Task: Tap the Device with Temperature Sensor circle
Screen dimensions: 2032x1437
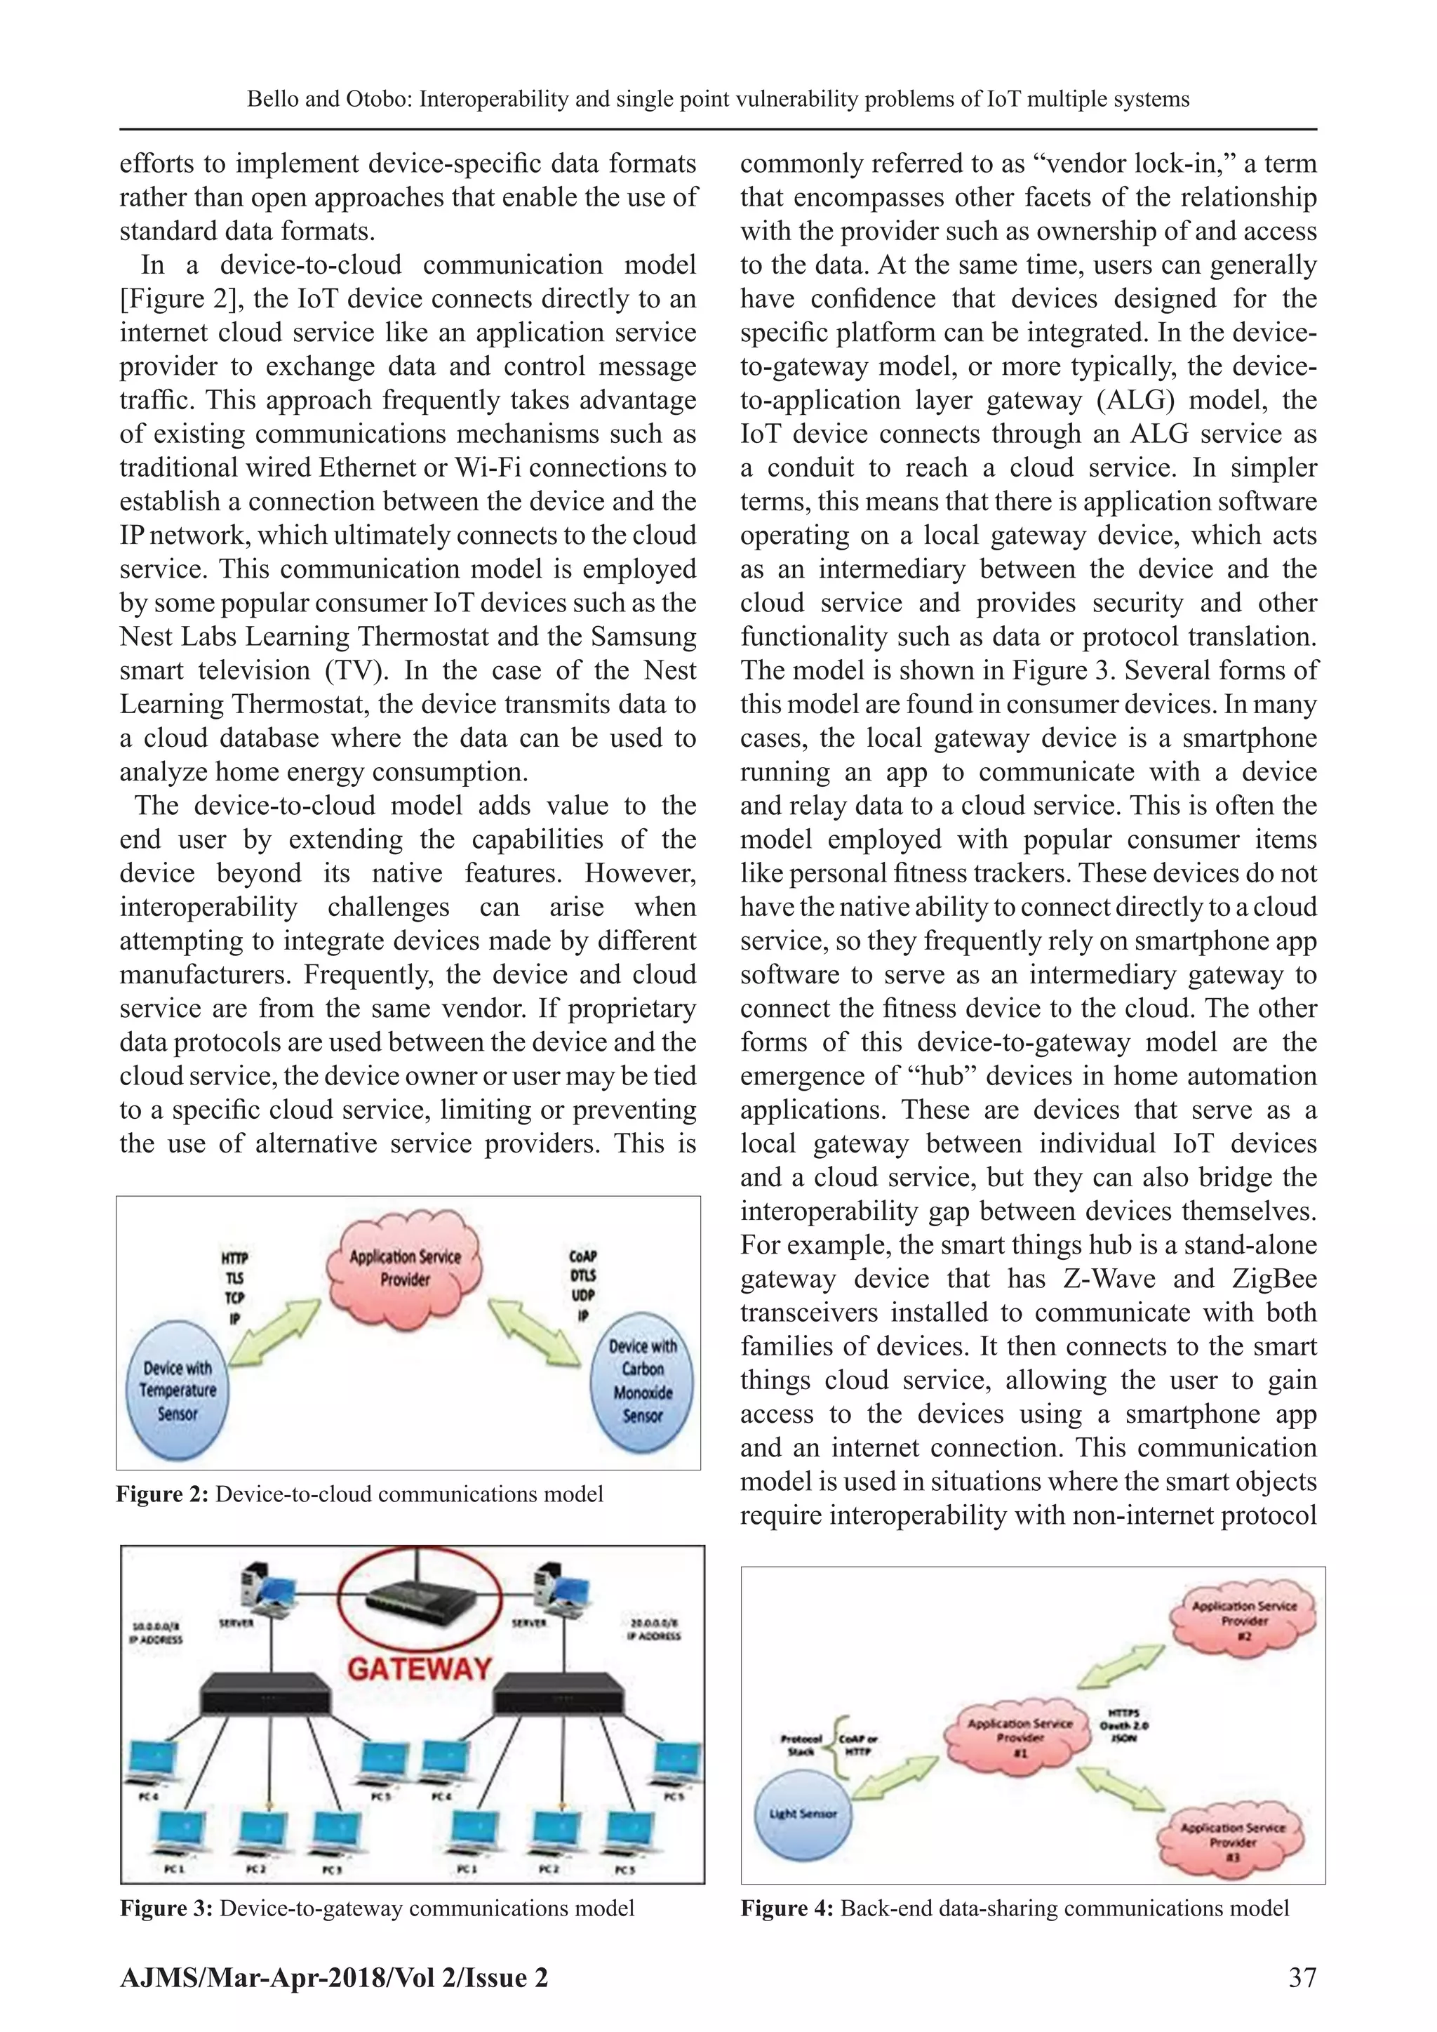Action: pyautogui.click(x=177, y=1390)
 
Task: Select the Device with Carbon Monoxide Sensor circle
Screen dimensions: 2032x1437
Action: pyautogui.click(x=643, y=1381)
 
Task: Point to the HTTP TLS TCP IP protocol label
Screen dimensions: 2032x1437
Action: pyautogui.click(x=234, y=1288)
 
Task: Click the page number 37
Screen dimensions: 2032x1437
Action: pyautogui.click(x=1302, y=1977)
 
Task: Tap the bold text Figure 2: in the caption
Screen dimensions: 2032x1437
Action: pyautogui.click(x=162, y=1495)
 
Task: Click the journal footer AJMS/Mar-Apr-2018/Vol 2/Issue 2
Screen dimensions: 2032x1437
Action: pyautogui.click(x=333, y=1978)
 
